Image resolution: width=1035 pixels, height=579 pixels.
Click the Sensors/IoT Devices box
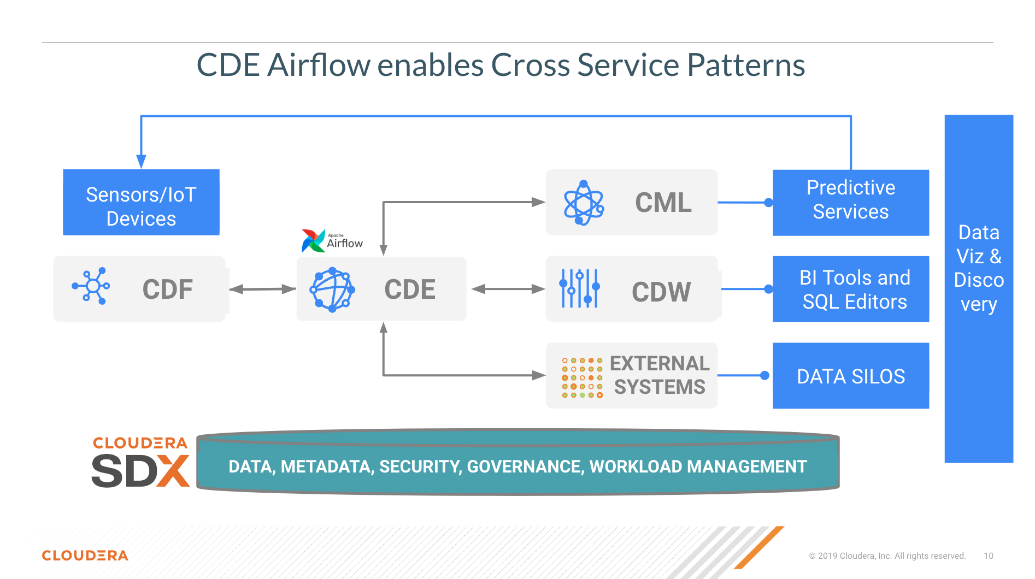pyautogui.click(x=141, y=203)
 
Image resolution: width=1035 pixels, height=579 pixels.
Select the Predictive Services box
pyautogui.click(x=850, y=203)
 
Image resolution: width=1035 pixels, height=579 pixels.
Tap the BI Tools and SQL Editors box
pyautogui.click(x=850, y=289)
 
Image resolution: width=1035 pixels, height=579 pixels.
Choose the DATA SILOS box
pyautogui.click(x=850, y=376)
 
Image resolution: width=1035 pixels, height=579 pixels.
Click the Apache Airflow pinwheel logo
pyautogui.click(x=313, y=241)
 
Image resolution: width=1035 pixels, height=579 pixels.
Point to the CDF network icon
pyautogui.click(x=91, y=286)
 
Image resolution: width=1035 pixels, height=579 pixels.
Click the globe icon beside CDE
pyautogui.click(x=332, y=289)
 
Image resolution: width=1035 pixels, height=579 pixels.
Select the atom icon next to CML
pyautogui.click(x=584, y=203)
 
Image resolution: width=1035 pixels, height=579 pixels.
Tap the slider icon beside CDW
pyautogui.click(x=580, y=288)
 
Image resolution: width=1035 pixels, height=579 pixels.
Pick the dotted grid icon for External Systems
pyautogui.click(x=582, y=377)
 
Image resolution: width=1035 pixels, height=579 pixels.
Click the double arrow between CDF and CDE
pyautogui.click(x=262, y=289)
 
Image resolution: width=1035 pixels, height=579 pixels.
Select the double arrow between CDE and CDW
pyautogui.click(x=508, y=289)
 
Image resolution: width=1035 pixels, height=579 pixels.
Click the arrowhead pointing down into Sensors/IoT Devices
pyautogui.click(x=141, y=161)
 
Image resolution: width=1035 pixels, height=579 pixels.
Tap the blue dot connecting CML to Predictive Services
pyautogui.click(x=768, y=203)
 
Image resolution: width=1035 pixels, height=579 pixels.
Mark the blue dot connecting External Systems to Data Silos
pyautogui.click(x=765, y=375)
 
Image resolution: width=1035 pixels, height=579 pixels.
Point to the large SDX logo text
pyautogui.click(x=140, y=470)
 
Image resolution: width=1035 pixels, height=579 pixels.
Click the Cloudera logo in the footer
pyautogui.click(x=85, y=556)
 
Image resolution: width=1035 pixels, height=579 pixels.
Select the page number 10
pyautogui.click(x=988, y=556)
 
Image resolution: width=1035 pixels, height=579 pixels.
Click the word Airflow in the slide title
pyautogui.click(x=319, y=66)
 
